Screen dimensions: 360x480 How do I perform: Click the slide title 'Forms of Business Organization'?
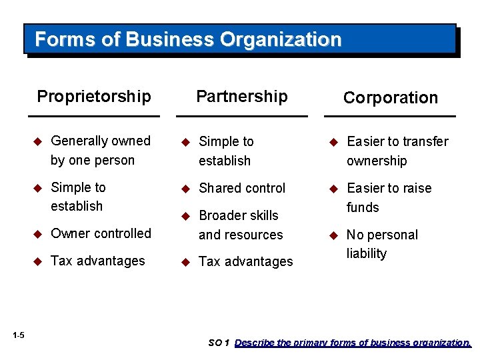click(x=188, y=39)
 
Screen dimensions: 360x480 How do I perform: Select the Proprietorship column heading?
click(x=94, y=96)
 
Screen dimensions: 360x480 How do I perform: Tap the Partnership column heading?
click(x=242, y=96)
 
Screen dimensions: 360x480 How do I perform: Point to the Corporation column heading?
click(x=391, y=97)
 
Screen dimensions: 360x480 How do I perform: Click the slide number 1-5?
click(x=18, y=335)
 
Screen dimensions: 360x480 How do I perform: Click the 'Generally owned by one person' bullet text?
click(x=100, y=150)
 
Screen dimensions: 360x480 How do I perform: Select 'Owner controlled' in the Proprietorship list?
click(x=101, y=233)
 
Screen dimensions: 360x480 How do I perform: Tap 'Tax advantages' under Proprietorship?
click(x=97, y=261)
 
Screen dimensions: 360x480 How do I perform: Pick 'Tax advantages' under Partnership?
click(x=245, y=262)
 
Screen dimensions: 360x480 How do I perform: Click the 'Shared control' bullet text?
click(x=242, y=188)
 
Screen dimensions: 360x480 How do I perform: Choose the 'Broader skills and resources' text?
click(x=240, y=225)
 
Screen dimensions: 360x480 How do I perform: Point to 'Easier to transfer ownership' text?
click(x=397, y=151)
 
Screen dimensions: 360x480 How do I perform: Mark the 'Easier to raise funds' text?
click(x=389, y=197)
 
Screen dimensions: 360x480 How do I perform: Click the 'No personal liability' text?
click(x=382, y=244)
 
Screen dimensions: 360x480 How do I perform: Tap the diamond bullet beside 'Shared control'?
click(x=186, y=188)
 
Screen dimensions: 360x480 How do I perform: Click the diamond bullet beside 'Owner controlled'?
click(x=38, y=233)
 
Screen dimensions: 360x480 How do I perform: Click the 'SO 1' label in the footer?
click(x=219, y=343)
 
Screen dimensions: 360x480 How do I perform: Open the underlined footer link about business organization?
click(x=353, y=343)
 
